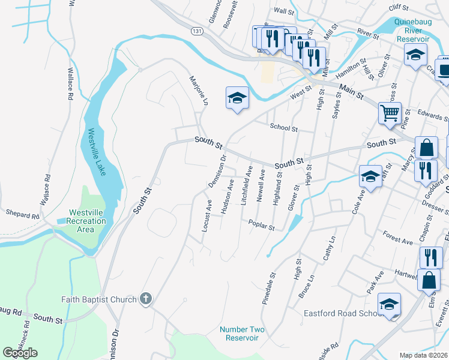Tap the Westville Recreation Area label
(x=87, y=221)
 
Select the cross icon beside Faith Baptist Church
(x=145, y=299)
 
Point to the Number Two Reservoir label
(x=239, y=334)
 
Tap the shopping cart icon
(x=390, y=112)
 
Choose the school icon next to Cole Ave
(x=370, y=176)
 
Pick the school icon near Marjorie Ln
(x=237, y=97)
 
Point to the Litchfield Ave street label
(x=246, y=187)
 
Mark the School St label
(x=283, y=128)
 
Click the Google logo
(x=20, y=353)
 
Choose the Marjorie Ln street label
(x=198, y=91)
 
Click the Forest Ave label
(x=397, y=239)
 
